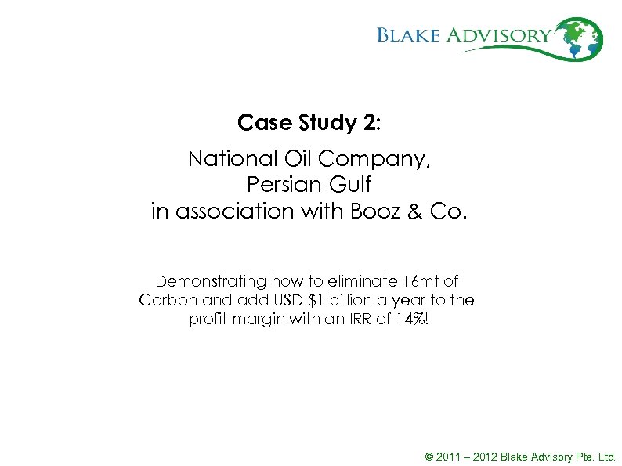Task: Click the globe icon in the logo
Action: [x=583, y=38]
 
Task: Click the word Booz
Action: [x=371, y=211]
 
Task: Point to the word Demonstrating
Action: [x=211, y=280]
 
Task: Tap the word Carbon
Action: [x=166, y=300]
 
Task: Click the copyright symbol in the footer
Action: [x=429, y=456]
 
